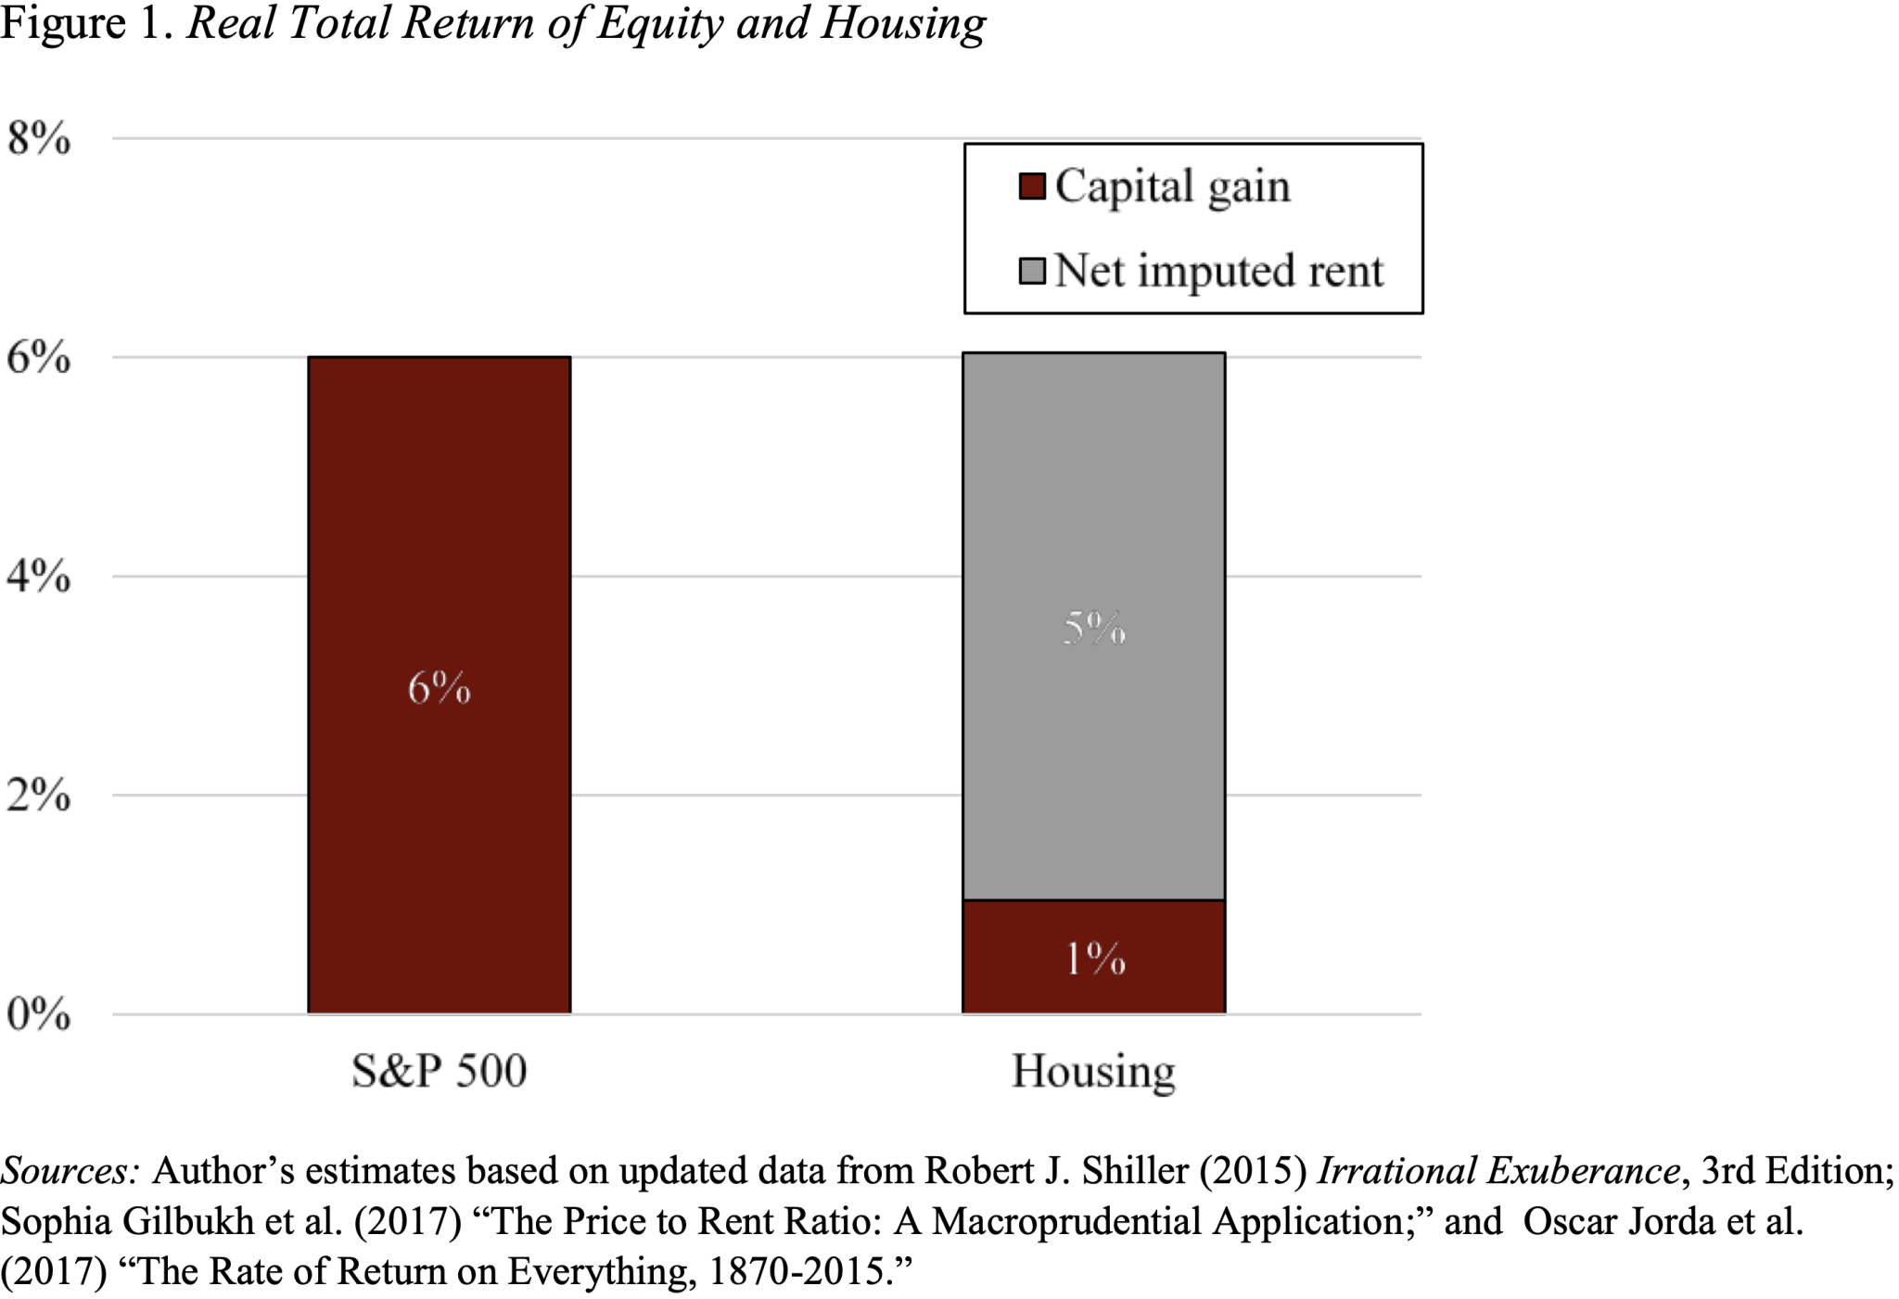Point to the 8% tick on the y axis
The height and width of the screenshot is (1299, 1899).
pos(38,139)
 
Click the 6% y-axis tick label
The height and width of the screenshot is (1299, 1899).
pos(38,358)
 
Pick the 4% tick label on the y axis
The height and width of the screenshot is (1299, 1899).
pos(38,577)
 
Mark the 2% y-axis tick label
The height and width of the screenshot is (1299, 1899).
pos(38,796)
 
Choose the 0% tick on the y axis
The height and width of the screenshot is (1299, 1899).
pos(38,1014)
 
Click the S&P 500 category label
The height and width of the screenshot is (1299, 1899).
pos(439,1071)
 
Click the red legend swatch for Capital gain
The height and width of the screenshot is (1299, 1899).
pos(1032,186)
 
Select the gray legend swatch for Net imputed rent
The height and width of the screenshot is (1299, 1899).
pos(1032,271)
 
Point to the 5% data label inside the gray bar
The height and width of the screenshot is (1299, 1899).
pos(1094,629)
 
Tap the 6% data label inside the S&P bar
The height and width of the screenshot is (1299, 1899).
pos(440,688)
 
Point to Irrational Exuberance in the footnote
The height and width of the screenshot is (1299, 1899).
pos(1498,1171)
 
